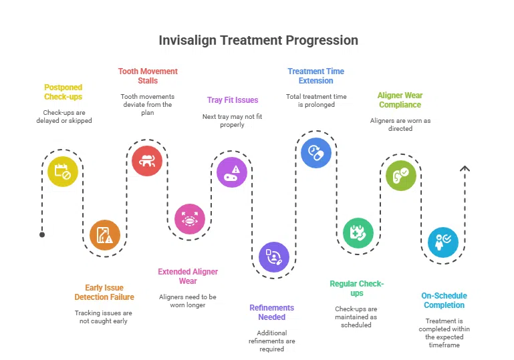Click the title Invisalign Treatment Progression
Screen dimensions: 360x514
click(x=258, y=40)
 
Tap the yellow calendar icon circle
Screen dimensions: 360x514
click(x=62, y=171)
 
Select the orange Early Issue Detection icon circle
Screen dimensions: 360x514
click(x=105, y=235)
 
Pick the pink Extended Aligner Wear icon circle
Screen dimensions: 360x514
click(x=190, y=219)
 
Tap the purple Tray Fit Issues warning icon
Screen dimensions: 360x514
click(x=232, y=172)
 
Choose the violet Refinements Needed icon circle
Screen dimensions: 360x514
click(x=274, y=257)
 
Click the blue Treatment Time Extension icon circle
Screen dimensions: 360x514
click(x=316, y=152)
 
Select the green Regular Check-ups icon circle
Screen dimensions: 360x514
click(x=358, y=233)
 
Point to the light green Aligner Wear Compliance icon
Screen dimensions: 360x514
click(x=401, y=176)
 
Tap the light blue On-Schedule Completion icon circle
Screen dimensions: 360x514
click(x=443, y=242)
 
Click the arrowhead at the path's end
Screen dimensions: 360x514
click(x=465, y=169)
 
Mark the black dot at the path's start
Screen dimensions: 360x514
click(x=42, y=234)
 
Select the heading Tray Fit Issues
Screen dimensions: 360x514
click(x=233, y=100)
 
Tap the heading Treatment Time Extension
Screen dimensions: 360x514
click(x=315, y=76)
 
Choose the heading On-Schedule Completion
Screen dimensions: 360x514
click(x=444, y=301)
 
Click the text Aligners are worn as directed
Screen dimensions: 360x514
click(x=400, y=124)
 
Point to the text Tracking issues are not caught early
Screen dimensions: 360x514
click(x=104, y=317)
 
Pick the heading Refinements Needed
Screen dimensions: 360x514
click(x=271, y=313)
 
